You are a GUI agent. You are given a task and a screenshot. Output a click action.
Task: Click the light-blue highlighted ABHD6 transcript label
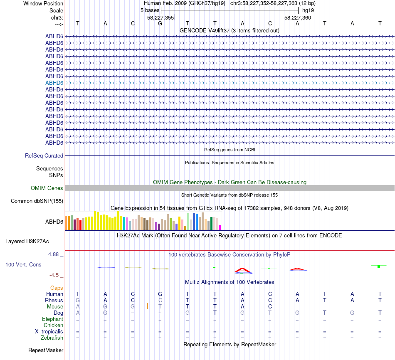tap(54, 83)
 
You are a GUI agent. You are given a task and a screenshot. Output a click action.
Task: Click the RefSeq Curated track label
tap(44, 155)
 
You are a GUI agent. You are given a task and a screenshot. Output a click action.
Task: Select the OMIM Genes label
tap(47, 188)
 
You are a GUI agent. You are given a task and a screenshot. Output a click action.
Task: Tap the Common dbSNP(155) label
tap(37, 201)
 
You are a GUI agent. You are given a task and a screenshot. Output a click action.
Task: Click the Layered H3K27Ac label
tap(27, 241)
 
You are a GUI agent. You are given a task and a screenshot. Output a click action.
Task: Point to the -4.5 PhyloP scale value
tap(56, 275)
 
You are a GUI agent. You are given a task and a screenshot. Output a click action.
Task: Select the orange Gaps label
tap(57, 288)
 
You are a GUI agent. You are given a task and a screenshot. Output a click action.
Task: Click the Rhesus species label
tap(54, 300)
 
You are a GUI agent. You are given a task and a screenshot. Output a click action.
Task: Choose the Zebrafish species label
tap(52, 338)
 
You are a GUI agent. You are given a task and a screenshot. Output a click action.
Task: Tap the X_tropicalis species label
tap(49, 331)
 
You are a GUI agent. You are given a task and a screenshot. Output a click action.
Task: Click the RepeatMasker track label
tap(46, 350)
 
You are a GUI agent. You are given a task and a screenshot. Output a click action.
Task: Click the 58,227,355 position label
tap(160, 18)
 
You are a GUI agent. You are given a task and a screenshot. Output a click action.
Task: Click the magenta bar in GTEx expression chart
tap(220, 227)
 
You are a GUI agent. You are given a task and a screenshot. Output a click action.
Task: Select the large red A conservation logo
tap(242, 271)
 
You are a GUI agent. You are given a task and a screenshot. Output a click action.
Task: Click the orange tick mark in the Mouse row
tap(148, 306)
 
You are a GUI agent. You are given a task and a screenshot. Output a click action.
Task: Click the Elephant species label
tap(52, 319)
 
